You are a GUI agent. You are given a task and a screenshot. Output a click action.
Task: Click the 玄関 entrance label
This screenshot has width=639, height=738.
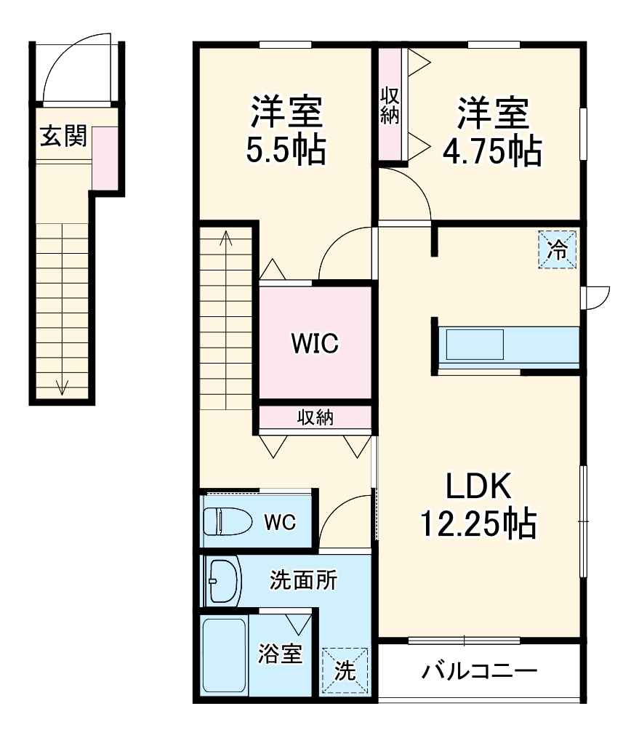click(63, 136)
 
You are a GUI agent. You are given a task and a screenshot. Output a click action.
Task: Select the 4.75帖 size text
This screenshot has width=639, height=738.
click(492, 151)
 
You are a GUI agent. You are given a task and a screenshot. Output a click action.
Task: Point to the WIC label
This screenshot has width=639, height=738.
click(315, 343)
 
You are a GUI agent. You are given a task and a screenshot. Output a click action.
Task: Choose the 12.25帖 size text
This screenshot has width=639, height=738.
click(479, 523)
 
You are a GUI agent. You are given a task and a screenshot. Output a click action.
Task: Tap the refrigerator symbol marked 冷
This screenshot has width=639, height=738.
click(558, 250)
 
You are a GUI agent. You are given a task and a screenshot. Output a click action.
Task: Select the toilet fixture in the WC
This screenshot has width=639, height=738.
click(225, 521)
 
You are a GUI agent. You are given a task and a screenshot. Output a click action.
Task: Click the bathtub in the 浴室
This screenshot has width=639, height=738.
click(224, 655)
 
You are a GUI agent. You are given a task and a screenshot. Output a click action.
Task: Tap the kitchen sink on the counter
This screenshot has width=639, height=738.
click(475, 344)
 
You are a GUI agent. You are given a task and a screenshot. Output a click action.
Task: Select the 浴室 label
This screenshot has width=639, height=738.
click(280, 654)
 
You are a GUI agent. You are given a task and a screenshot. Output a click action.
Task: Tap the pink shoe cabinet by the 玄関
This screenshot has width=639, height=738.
click(105, 158)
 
